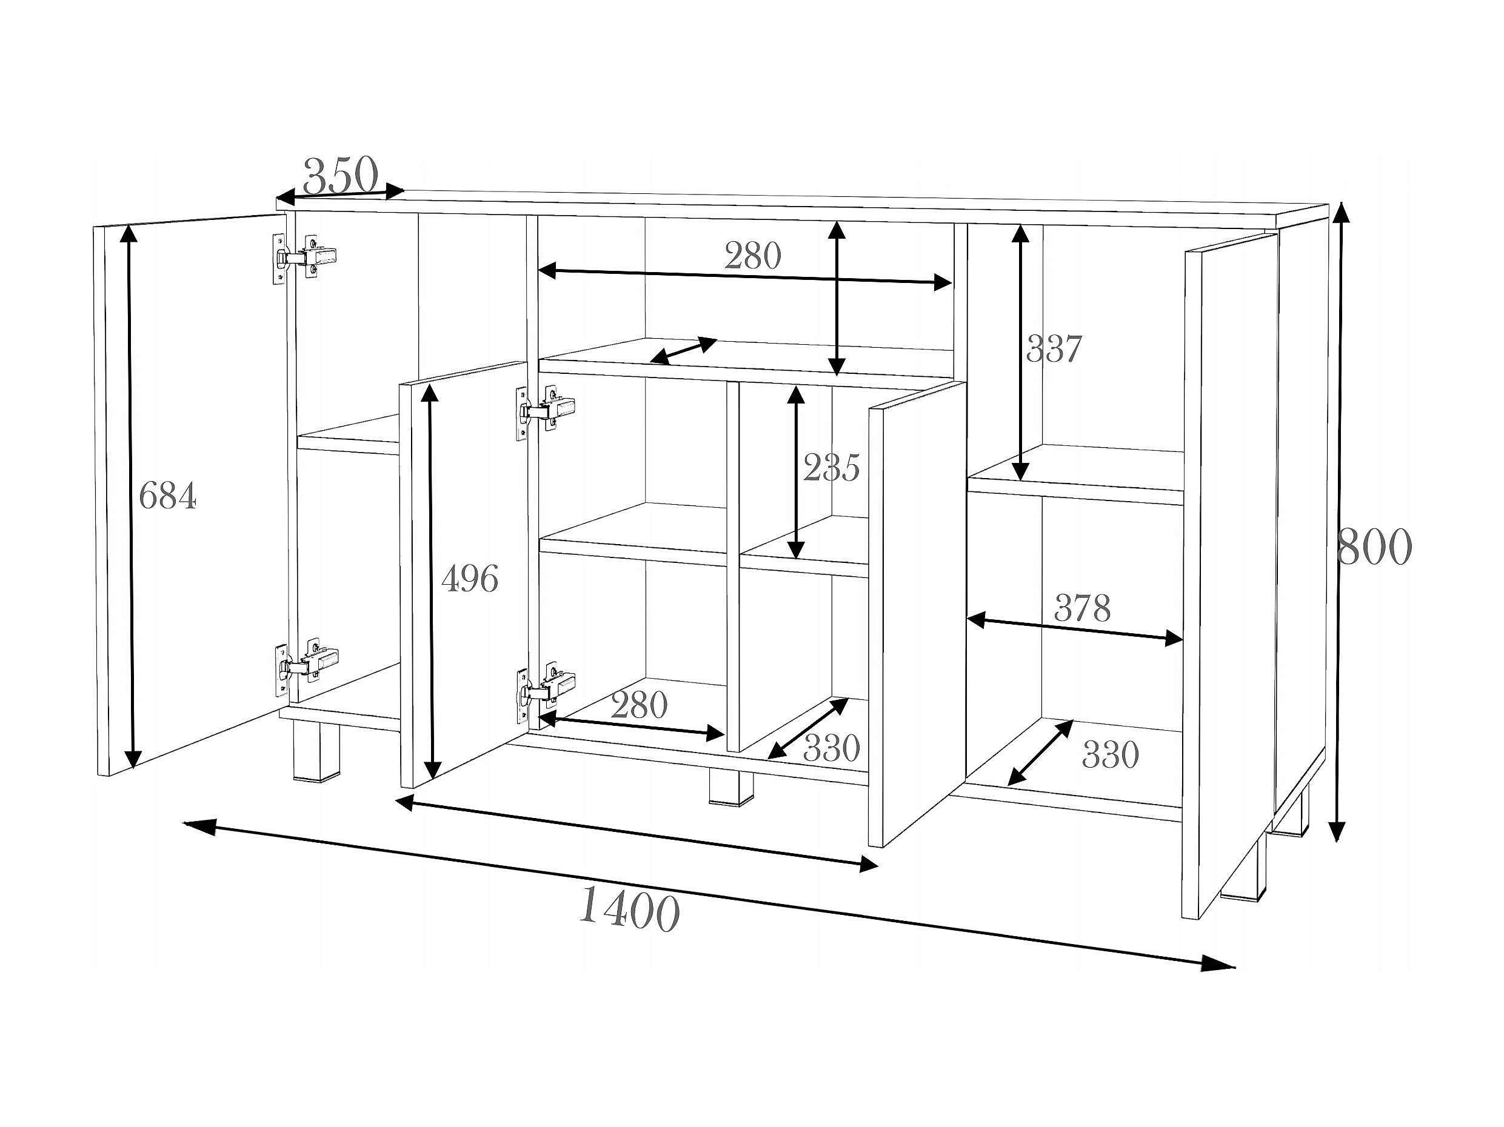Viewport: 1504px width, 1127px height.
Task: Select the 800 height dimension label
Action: tap(1374, 547)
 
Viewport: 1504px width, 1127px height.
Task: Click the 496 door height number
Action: tap(470, 579)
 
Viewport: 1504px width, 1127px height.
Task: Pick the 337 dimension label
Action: tap(1053, 349)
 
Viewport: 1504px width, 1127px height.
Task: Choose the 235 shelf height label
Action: tap(831, 468)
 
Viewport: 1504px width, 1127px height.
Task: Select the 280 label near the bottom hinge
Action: tap(639, 705)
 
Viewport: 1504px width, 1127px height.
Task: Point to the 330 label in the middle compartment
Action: tap(832, 748)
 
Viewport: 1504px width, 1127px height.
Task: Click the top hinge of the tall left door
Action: tap(304, 258)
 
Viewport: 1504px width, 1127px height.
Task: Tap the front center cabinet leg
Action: tap(730, 786)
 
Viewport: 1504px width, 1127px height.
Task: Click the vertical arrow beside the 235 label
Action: tap(796, 472)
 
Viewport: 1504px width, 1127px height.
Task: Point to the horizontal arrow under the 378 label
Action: tap(1074, 629)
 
